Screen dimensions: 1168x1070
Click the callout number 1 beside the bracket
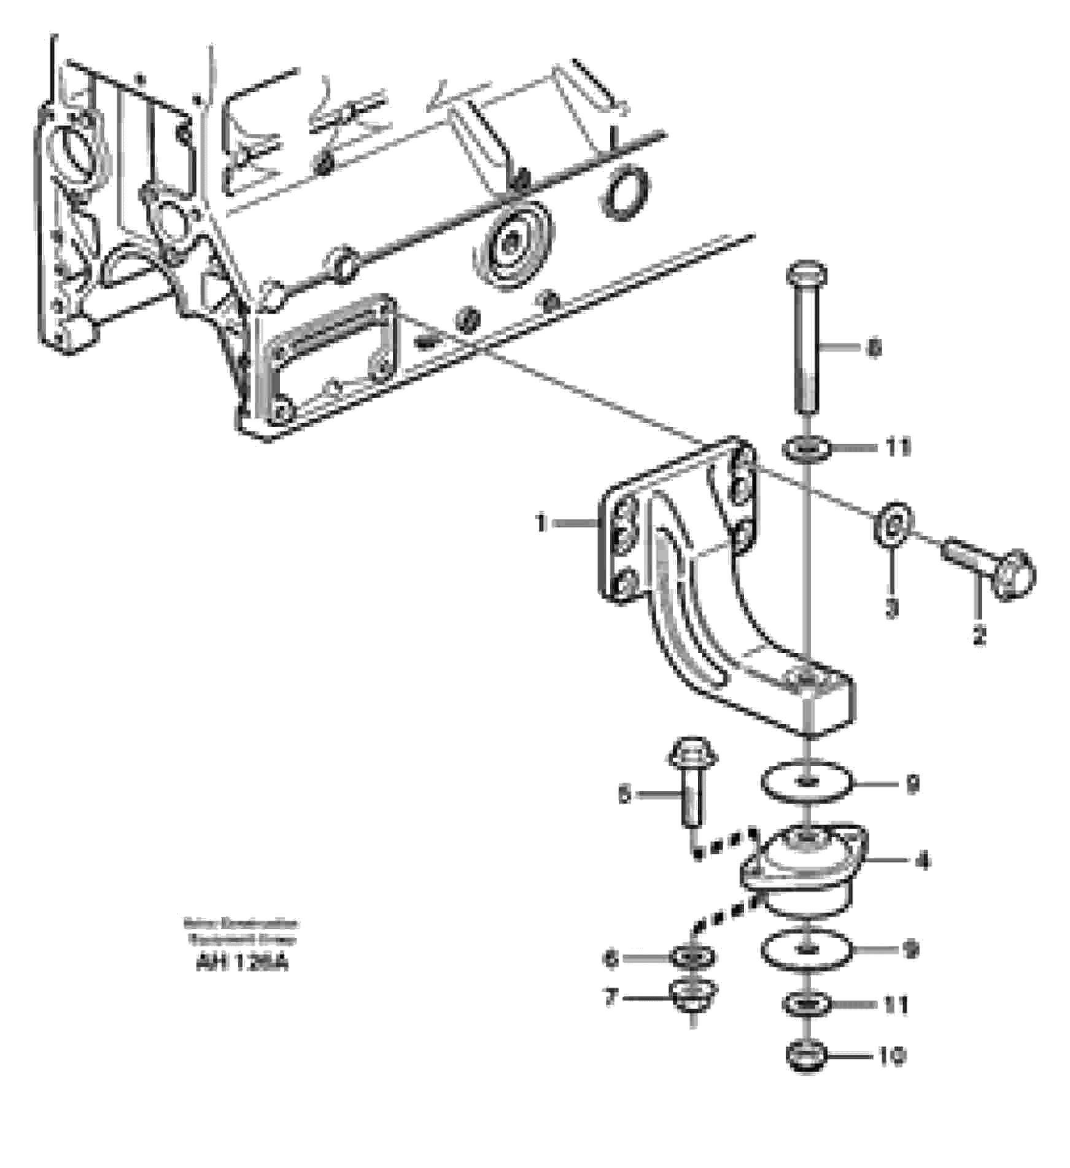coord(541,524)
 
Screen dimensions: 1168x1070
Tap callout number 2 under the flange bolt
coord(979,634)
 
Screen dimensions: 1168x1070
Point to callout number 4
coord(923,861)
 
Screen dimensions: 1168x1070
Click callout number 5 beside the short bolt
coord(624,795)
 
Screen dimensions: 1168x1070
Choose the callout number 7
coord(610,997)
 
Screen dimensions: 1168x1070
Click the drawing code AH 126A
coord(241,963)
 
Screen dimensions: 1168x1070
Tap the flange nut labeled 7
coord(693,997)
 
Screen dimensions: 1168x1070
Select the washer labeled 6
coord(693,956)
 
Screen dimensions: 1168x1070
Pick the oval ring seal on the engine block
coord(626,191)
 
